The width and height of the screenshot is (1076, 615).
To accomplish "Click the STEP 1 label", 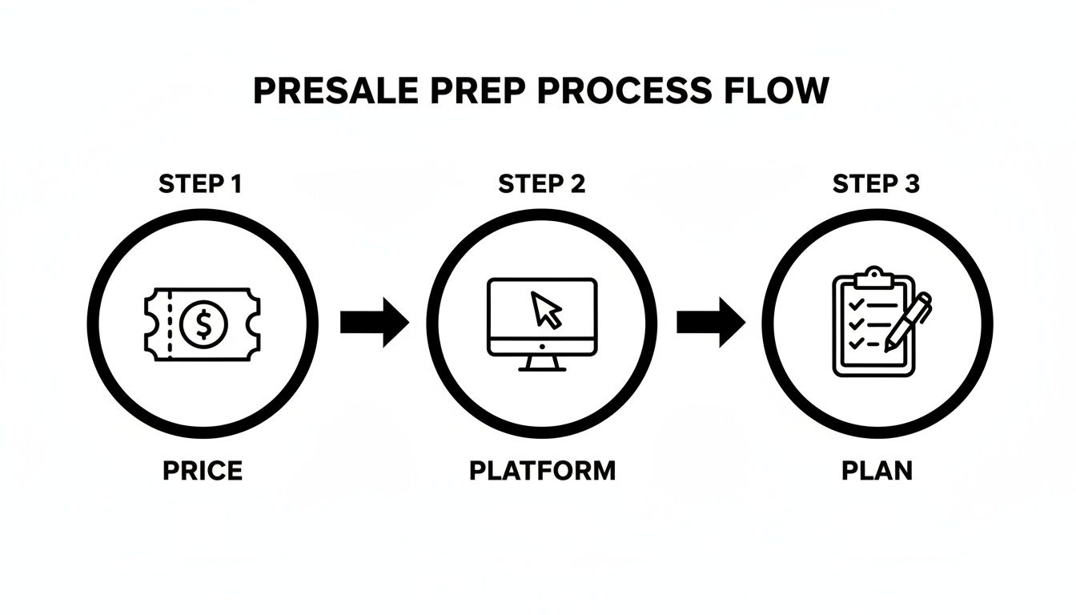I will pyautogui.click(x=200, y=184).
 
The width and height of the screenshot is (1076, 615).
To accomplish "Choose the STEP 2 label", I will pyautogui.click(x=542, y=184).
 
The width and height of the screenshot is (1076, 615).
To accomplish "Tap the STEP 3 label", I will pyautogui.click(x=876, y=184).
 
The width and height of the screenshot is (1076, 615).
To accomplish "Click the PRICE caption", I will pyautogui.click(x=202, y=471).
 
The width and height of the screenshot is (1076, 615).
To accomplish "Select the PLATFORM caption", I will pyautogui.click(x=542, y=471).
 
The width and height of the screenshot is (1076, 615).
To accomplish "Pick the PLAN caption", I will pyautogui.click(x=877, y=471).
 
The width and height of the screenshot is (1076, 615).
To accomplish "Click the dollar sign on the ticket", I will pyautogui.click(x=205, y=324).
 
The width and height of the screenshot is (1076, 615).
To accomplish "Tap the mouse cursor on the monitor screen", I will pyautogui.click(x=547, y=309).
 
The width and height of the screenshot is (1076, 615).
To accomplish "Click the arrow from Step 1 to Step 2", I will pyautogui.click(x=374, y=323).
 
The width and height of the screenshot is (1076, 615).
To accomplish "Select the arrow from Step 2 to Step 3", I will pyautogui.click(x=710, y=323).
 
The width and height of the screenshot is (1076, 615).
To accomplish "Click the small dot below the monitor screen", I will pyautogui.click(x=542, y=347).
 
